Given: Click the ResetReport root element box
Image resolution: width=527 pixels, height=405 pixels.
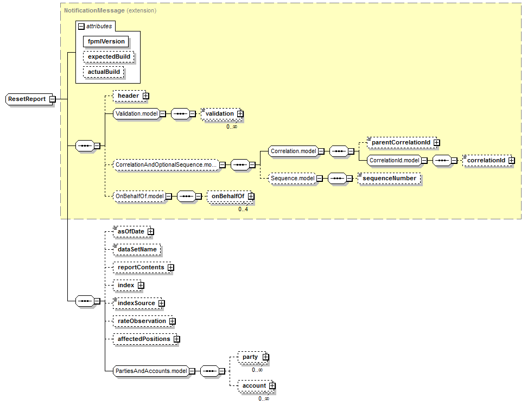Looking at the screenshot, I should click(x=27, y=99).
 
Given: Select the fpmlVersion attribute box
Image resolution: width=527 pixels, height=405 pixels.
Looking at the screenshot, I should click(x=106, y=41).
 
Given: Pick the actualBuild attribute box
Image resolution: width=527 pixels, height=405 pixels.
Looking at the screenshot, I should click(x=103, y=72).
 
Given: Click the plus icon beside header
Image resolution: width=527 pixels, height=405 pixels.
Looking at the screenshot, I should click(x=145, y=96).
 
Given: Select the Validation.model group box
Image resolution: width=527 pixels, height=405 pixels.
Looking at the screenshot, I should click(x=135, y=114).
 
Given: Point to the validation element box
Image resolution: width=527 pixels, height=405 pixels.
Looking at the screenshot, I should click(x=219, y=114).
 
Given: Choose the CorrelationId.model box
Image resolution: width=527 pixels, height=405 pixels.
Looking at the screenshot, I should click(x=394, y=161).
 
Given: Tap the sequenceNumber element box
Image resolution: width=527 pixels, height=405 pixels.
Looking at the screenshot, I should click(x=389, y=178).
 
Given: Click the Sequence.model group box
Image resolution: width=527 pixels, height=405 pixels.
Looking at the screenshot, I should click(x=292, y=178).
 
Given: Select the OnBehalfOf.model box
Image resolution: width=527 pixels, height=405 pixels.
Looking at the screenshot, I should click(x=138, y=196).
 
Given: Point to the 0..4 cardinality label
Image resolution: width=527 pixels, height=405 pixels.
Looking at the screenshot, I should click(x=243, y=209).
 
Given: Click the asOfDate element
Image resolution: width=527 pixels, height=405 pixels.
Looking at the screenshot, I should click(x=130, y=232).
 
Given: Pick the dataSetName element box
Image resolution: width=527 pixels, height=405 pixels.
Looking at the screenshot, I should click(x=137, y=249).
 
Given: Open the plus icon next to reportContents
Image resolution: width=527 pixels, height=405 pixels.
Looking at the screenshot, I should click(x=170, y=268).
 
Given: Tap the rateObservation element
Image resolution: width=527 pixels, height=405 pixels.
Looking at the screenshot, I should click(x=141, y=321).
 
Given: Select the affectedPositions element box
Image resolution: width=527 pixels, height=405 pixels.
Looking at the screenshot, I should click(x=143, y=339).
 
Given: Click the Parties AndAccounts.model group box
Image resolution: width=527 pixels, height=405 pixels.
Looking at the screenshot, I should click(x=151, y=371).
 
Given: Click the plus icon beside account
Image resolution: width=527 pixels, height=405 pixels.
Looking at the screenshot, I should click(x=272, y=386).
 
